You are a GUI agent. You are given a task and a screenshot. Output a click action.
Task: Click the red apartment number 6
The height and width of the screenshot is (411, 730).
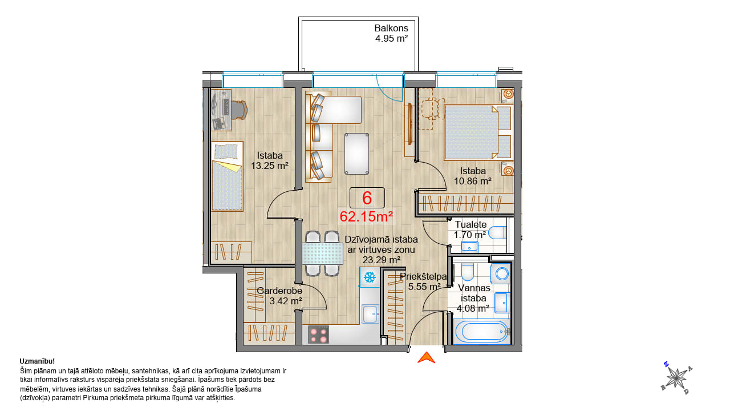(x=367, y=198)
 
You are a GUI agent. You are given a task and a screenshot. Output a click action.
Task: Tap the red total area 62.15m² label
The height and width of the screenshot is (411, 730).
(x=366, y=216)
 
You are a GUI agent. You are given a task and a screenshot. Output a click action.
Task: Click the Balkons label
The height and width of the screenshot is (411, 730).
(x=391, y=28)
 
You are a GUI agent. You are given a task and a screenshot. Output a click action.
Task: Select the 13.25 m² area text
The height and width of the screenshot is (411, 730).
(x=270, y=166)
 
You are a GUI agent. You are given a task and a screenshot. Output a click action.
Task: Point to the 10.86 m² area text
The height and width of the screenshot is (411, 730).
(x=473, y=181)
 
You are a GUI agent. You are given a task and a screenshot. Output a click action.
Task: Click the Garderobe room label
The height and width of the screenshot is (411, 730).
(x=279, y=291)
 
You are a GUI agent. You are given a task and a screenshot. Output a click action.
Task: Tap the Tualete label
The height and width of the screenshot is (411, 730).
(x=471, y=224)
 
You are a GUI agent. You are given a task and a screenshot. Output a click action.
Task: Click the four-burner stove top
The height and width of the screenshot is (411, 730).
(x=318, y=335)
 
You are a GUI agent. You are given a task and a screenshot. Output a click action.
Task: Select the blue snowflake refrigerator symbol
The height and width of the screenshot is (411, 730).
(x=370, y=277)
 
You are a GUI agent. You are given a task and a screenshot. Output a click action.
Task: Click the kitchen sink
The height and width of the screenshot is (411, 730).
(x=370, y=314)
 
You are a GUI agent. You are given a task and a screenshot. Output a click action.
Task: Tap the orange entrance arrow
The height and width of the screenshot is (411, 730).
(x=426, y=357)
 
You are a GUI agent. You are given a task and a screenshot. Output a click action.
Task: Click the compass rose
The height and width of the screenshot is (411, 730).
(x=676, y=378)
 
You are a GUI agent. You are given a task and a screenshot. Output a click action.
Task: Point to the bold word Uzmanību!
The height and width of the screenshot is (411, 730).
(x=37, y=361)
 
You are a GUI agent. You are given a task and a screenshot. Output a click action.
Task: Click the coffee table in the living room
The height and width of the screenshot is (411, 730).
(x=357, y=154)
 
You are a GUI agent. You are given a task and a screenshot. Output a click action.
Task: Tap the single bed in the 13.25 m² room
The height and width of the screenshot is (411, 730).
(x=227, y=176)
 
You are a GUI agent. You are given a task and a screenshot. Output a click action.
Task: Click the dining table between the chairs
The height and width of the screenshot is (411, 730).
(x=323, y=253)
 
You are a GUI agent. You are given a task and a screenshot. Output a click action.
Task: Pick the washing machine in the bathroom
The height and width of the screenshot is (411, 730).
(x=500, y=273)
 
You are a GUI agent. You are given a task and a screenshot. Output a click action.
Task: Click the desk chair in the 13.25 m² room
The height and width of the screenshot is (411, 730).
(x=240, y=110)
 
